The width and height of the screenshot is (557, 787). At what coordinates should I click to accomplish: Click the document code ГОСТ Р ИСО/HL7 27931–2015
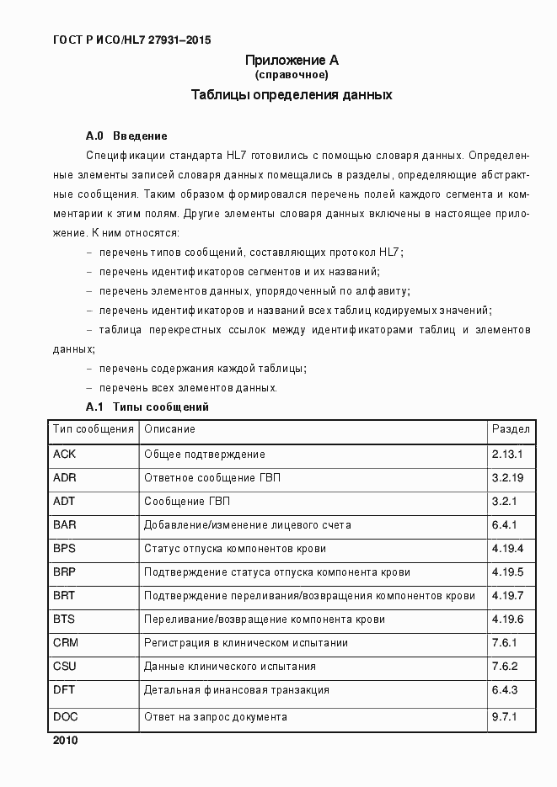[131, 40]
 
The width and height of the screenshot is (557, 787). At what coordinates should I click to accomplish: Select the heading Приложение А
[292, 60]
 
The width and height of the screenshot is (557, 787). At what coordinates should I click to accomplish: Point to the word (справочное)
[292, 75]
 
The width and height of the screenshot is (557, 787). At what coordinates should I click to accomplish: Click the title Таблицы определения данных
[292, 95]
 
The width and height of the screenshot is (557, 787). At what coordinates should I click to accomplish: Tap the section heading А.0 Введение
[126, 136]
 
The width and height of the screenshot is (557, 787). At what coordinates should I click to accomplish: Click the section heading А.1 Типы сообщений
[147, 407]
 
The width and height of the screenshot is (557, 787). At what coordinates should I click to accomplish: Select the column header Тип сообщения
[94, 429]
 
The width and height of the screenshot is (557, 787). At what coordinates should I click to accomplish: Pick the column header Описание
[169, 429]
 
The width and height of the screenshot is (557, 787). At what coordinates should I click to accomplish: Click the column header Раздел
[511, 429]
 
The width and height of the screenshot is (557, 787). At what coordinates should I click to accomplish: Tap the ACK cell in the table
[65, 455]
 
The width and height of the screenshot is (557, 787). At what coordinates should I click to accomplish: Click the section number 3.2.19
[508, 478]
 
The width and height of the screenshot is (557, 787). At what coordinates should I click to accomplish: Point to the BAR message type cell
[65, 525]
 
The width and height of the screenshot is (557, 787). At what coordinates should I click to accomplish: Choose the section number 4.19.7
[508, 596]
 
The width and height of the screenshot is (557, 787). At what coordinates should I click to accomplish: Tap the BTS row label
[65, 619]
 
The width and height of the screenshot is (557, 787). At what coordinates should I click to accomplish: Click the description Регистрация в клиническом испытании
[246, 643]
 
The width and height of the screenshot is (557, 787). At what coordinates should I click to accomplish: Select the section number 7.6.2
[506, 667]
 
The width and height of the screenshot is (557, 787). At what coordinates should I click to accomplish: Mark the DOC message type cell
[66, 717]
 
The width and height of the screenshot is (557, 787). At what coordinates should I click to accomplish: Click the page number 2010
[65, 742]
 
